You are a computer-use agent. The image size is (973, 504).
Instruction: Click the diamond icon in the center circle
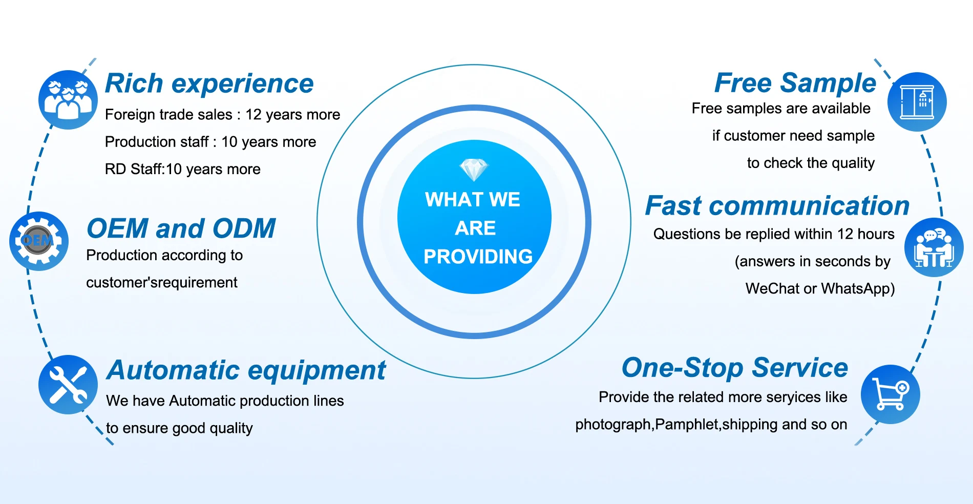pyautogui.click(x=474, y=170)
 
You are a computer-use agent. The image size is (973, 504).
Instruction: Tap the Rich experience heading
pyautogui.click(x=209, y=83)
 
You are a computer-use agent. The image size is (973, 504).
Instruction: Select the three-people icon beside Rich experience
pyautogui.click(x=68, y=100)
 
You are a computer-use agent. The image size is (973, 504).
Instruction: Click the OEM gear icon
pyautogui.click(x=39, y=241)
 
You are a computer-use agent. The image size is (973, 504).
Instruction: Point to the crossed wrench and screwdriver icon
pyautogui.click(x=68, y=385)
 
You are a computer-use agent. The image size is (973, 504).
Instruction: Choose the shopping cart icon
pyautogui.click(x=890, y=394)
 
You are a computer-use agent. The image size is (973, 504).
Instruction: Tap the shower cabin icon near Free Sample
pyautogui.click(x=917, y=102)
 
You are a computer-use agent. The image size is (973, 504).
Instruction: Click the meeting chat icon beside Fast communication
pyautogui.click(x=934, y=248)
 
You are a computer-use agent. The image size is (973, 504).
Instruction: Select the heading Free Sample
pyautogui.click(x=795, y=83)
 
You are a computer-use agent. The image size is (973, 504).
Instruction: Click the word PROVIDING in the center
pyautogui.click(x=478, y=257)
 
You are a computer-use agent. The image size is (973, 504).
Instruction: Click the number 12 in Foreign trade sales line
pyautogui.click(x=253, y=115)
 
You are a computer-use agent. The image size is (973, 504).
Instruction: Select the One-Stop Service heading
pyautogui.click(x=734, y=368)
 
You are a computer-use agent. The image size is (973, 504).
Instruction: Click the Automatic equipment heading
pyautogui.click(x=246, y=370)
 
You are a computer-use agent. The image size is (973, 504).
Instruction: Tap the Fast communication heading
pyautogui.click(x=777, y=206)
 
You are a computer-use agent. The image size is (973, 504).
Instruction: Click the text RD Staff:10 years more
pyautogui.click(x=183, y=169)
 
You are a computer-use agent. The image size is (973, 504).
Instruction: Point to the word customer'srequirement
pyautogui.click(x=162, y=283)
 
